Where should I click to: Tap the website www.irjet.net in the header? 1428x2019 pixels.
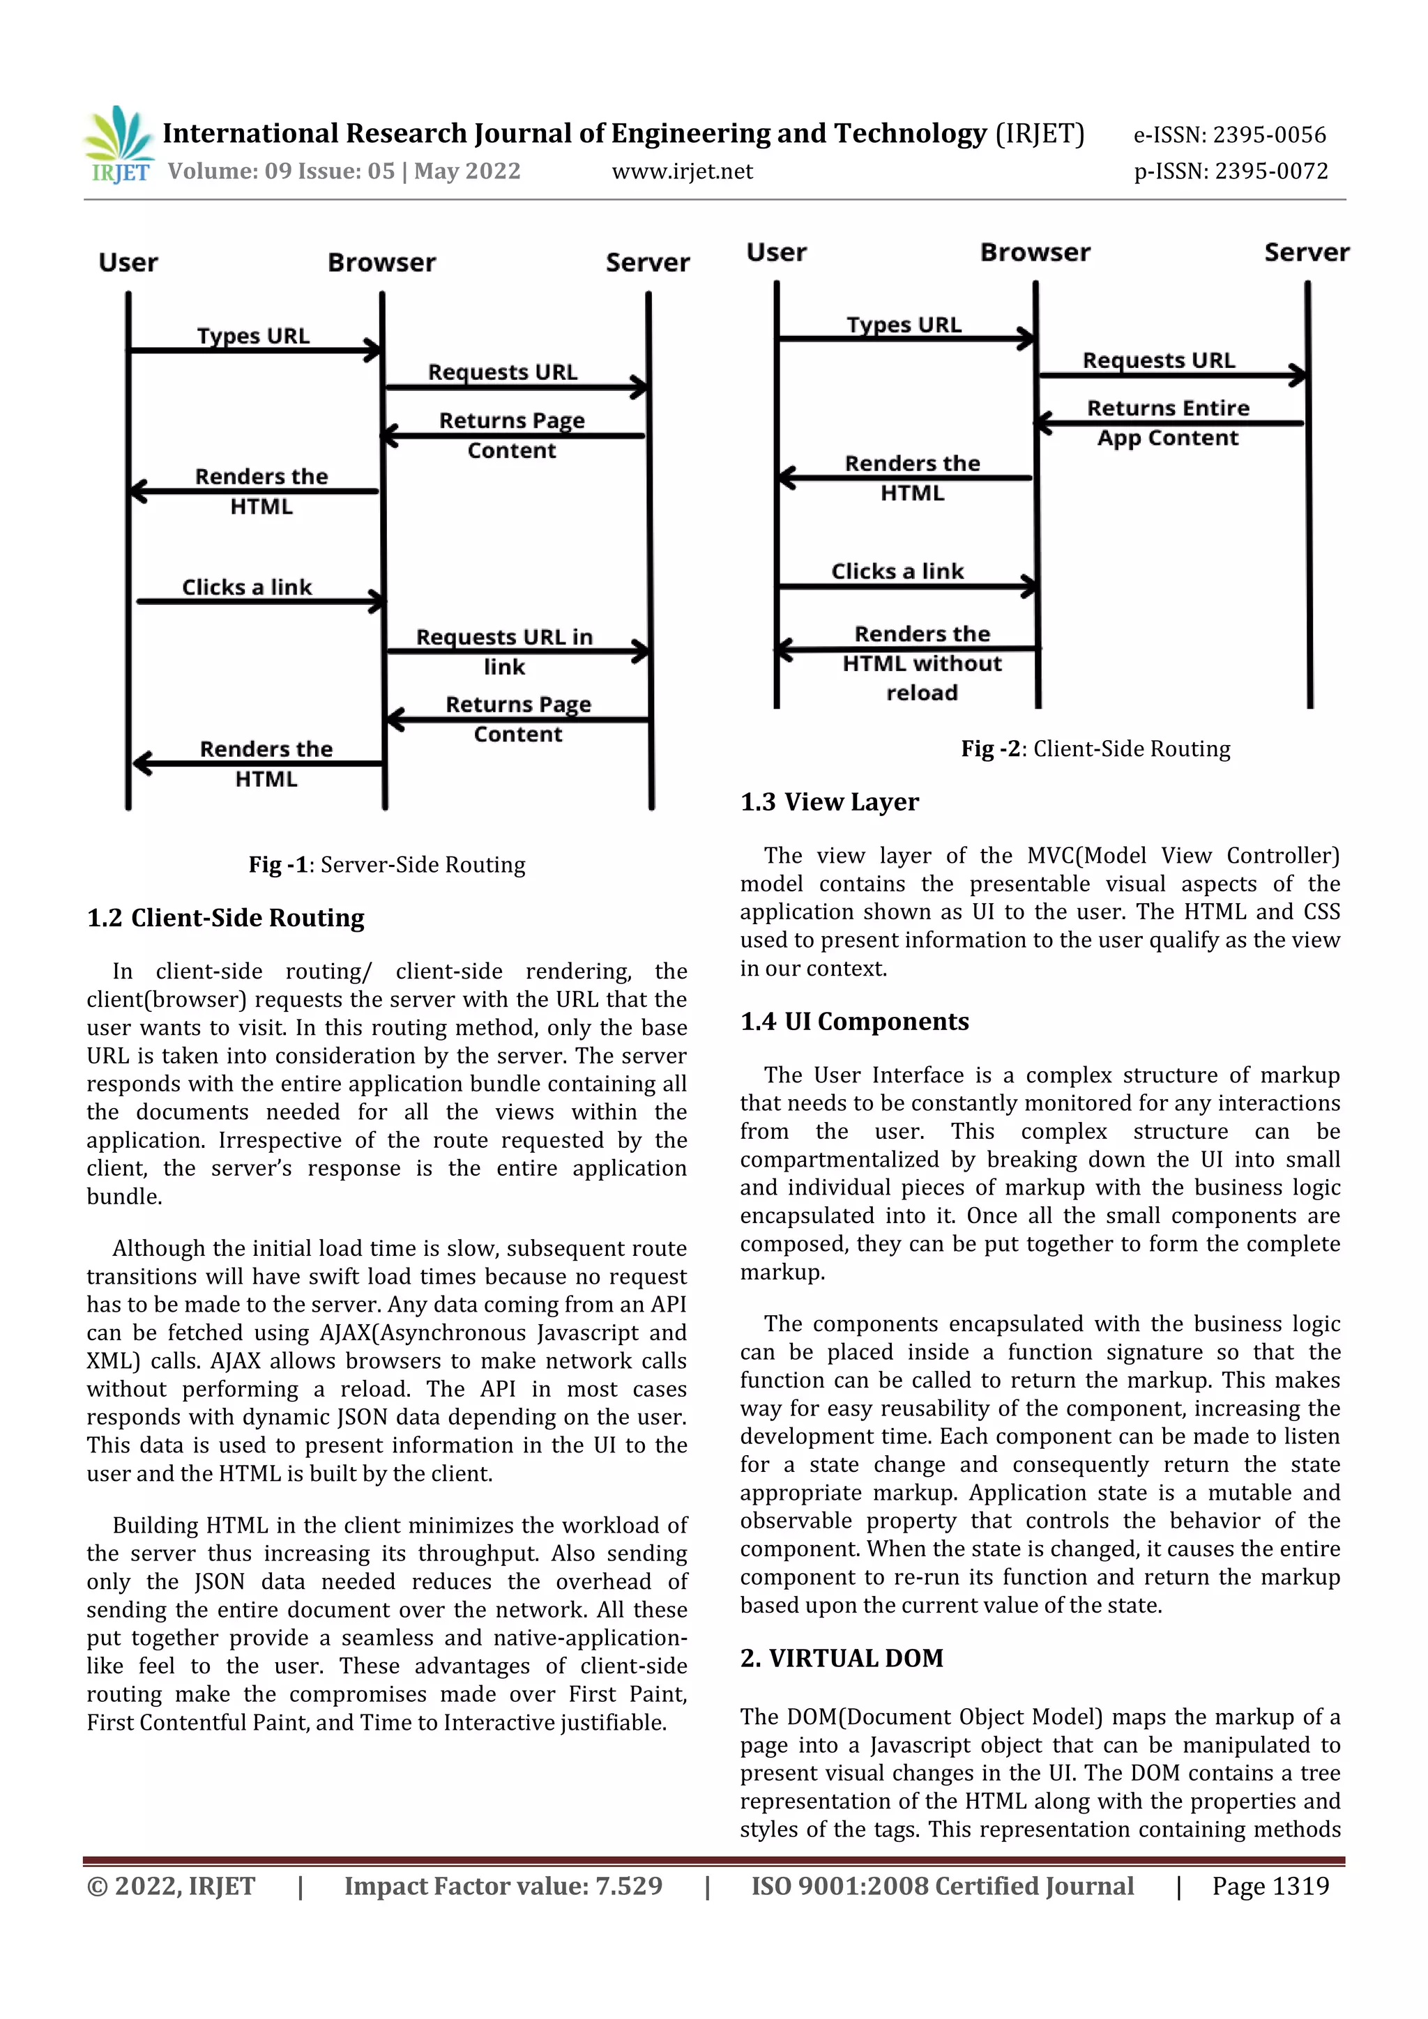[682, 171]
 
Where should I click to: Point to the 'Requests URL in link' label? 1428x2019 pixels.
[504, 651]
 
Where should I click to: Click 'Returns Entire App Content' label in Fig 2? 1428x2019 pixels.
[1167, 423]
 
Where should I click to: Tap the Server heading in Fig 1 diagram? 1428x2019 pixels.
[648, 262]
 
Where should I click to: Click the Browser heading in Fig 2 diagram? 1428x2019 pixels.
[1035, 252]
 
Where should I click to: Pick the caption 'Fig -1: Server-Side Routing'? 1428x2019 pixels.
[386, 864]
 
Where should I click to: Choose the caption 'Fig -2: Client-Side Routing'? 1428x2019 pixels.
[1095, 749]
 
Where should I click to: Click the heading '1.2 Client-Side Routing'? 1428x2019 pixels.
[225, 918]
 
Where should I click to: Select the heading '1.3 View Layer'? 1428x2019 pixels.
[829, 802]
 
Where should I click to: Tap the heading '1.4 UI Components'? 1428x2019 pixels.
[854, 1022]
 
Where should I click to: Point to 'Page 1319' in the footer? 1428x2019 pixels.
[1270, 1885]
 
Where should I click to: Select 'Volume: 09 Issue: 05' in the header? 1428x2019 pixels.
[282, 171]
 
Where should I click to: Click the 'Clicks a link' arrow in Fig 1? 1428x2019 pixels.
[259, 601]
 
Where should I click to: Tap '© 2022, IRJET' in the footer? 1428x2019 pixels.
[171, 1886]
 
